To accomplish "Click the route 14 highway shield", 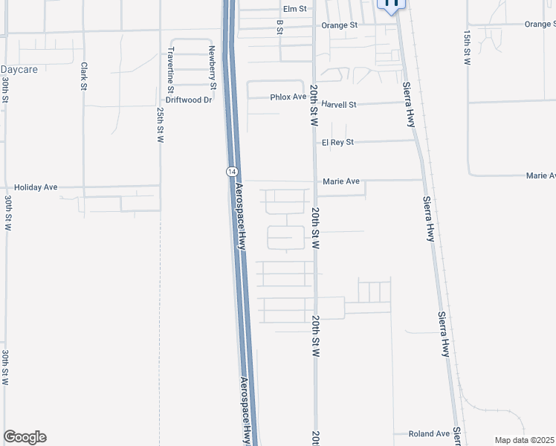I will click(232, 171).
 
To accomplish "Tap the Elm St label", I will click(295, 9).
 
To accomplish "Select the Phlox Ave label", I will click(288, 97).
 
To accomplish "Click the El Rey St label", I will click(337, 141).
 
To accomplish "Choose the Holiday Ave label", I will click(41, 187).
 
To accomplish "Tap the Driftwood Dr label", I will click(189, 100).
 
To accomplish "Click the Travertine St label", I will click(171, 65).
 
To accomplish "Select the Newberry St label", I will click(212, 67).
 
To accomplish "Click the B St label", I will click(280, 27).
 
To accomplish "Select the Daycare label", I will click(19, 69).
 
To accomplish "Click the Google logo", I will click(25, 437).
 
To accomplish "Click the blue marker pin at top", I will click(392, 4).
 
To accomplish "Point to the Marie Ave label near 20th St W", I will click(341, 181).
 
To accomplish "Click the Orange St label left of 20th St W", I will click(340, 25).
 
